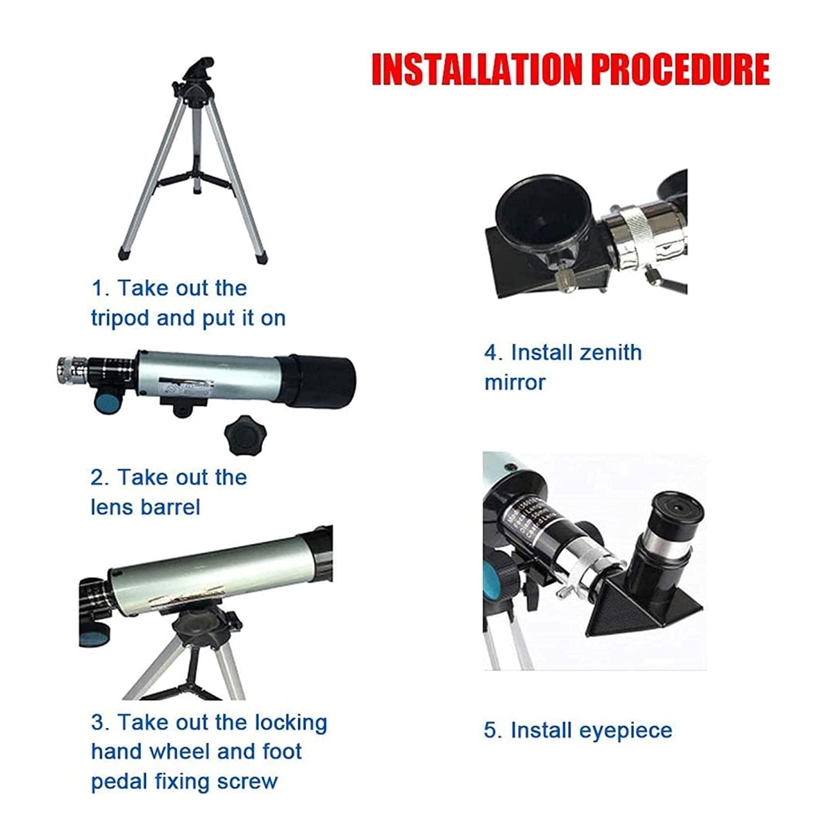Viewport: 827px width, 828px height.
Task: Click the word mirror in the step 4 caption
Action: [x=515, y=383]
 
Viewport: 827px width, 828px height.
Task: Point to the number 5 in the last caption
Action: [x=491, y=730]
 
